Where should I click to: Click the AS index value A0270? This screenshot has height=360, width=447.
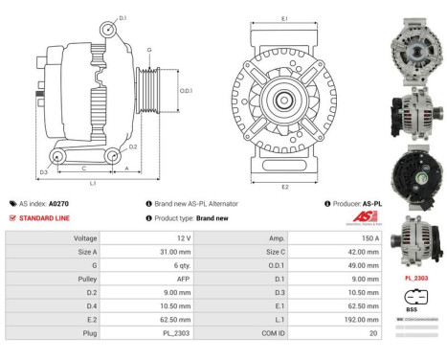[57, 204]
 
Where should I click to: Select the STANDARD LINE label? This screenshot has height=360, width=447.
[46, 218]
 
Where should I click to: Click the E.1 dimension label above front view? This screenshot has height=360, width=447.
[284, 17]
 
